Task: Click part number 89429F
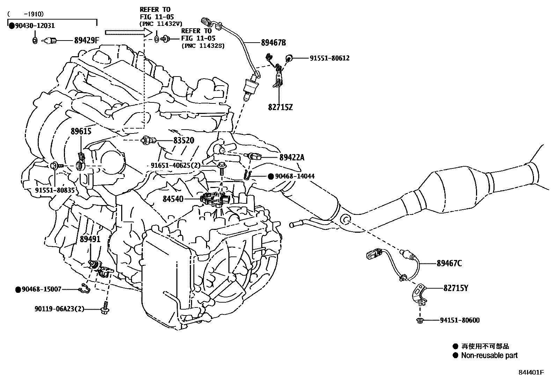pos(87,41)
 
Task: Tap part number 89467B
pos(273,43)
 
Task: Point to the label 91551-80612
pos(329,58)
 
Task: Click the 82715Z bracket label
pos(280,107)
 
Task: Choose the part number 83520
pos(184,140)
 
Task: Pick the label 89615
pos(81,132)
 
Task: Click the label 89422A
pos(292,158)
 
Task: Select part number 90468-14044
pos(295,176)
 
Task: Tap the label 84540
pos(173,199)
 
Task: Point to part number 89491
pos(90,239)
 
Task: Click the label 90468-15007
pos(41,289)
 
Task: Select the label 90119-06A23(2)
pos(59,309)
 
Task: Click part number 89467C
pos(449,263)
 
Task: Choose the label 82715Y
pos(456,288)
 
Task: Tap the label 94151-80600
pos(459,320)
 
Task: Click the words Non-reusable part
pos(489,356)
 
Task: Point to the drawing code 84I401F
pos(531,372)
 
